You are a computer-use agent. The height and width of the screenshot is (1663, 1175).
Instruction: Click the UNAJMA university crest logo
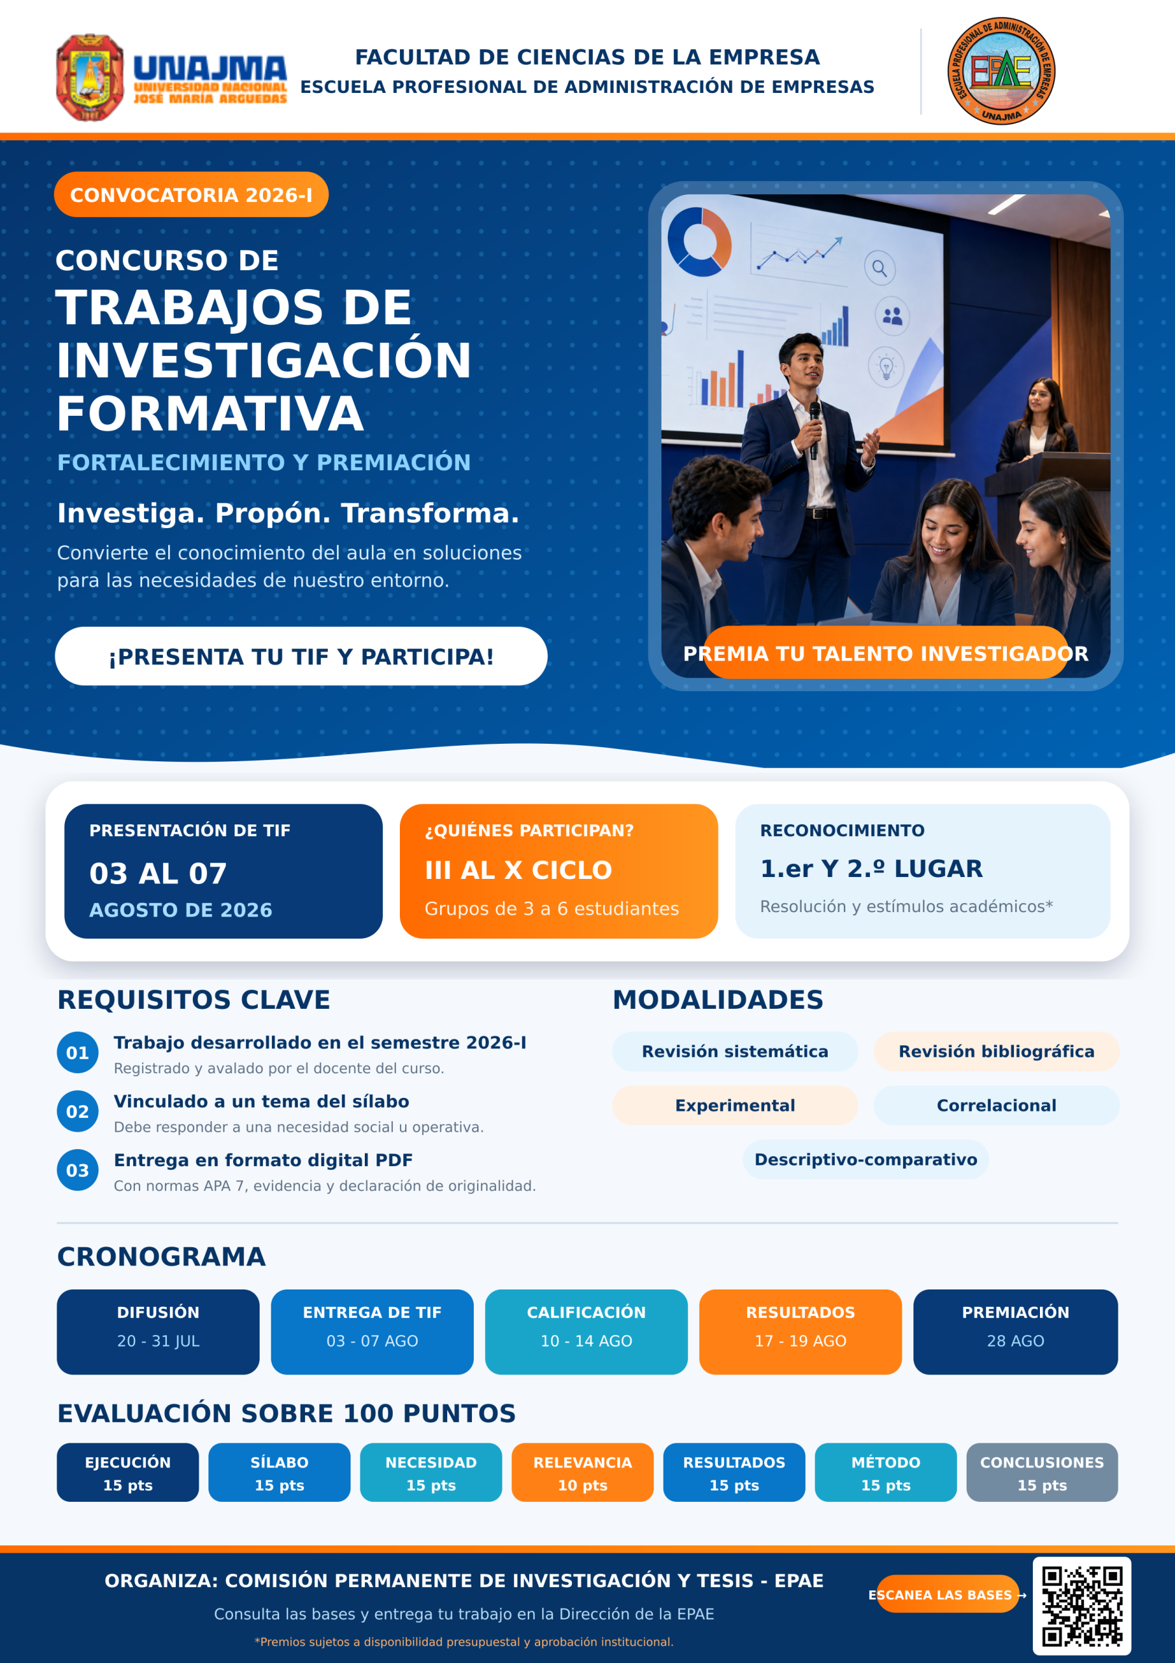[x=90, y=77]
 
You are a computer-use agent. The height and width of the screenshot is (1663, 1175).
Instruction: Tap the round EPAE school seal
[x=1001, y=71]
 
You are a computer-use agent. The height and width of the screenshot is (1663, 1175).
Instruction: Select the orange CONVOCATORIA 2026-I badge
[x=191, y=194]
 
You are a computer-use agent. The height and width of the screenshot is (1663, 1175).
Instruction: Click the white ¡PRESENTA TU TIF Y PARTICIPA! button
[x=301, y=656]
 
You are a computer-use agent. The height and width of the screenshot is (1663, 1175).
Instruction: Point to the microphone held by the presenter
[x=815, y=429]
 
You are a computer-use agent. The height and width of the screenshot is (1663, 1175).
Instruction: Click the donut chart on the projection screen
[x=699, y=242]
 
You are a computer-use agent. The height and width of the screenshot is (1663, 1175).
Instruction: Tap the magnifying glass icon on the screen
[x=880, y=269]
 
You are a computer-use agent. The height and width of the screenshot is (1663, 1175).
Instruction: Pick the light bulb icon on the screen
[x=886, y=367]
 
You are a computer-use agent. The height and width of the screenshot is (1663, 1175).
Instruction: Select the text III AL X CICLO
[x=518, y=870]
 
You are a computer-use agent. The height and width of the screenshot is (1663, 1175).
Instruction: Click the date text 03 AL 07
[x=158, y=874]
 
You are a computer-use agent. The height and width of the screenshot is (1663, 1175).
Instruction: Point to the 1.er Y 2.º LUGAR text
[x=871, y=869]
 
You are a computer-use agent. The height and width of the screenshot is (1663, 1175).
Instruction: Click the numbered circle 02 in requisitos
[x=77, y=1111]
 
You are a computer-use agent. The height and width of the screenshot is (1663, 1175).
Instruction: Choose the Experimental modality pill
[x=735, y=1105]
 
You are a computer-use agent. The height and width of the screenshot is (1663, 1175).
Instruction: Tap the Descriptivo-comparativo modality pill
[x=866, y=1159]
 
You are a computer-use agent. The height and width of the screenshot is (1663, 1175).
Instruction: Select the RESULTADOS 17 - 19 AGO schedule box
[x=800, y=1332]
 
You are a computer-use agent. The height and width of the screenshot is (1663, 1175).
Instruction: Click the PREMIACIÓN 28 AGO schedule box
[x=1015, y=1332]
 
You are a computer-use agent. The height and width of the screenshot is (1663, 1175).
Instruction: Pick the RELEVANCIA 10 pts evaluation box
[x=583, y=1473]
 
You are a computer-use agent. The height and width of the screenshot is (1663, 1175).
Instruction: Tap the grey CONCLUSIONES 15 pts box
[x=1042, y=1473]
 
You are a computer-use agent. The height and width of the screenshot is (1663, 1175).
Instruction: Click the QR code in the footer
[x=1082, y=1606]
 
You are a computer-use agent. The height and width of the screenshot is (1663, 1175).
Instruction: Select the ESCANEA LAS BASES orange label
[x=947, y=1594]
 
